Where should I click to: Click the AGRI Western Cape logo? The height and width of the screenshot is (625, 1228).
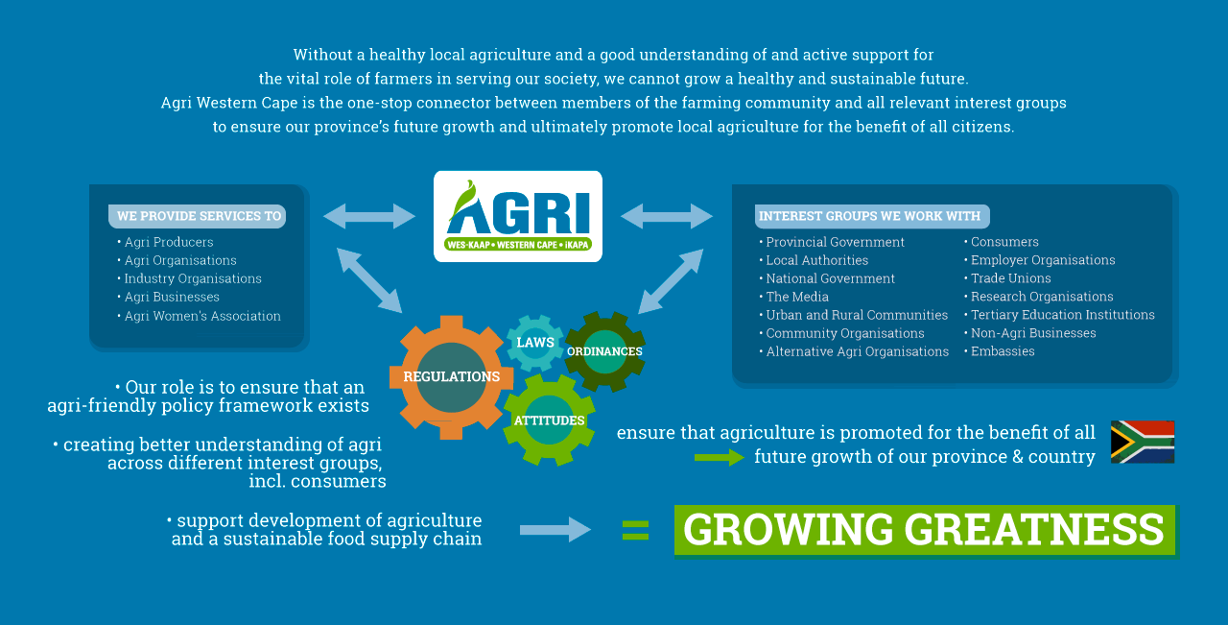pos(517,216)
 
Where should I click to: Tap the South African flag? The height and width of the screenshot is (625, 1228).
pos(1143,442)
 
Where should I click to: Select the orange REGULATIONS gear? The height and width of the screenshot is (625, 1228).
pos(451,377)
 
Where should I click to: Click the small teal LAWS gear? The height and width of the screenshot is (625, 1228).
pos(535,343)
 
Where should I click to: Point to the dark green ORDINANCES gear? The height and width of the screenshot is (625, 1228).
pos(604,351)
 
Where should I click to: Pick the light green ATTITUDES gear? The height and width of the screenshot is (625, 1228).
pos(549,421)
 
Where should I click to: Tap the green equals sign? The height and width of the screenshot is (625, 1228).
pos(635,530)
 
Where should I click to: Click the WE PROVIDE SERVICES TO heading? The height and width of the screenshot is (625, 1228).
pos(198,216)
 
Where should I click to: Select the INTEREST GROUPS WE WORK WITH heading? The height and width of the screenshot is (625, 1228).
pos(872,216)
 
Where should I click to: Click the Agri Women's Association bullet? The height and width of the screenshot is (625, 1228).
pos(199,316)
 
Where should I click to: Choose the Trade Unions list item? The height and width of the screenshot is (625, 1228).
pos(1007,278)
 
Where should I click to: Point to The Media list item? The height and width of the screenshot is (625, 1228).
pos(793,297)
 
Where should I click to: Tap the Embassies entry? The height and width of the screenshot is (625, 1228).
pos(1000,351)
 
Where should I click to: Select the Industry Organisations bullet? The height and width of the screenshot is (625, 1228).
pos(189,278)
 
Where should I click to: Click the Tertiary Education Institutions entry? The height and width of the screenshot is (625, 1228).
pos(1059,315)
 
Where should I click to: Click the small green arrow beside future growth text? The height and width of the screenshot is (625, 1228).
pos(720,457)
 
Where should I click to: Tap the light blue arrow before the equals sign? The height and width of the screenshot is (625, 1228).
pos(555,530)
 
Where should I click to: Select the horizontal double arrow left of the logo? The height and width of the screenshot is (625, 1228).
pos(369,216)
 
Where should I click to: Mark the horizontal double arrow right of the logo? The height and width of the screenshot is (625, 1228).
pos(667,216)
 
